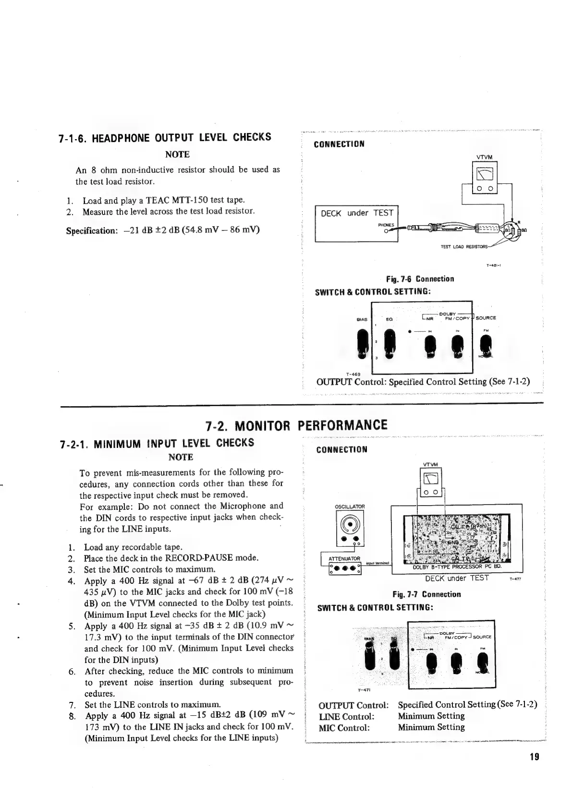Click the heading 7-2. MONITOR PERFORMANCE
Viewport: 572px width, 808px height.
pyautogui.click(x=296, y=425)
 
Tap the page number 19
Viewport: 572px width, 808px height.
pyautogui.click(x=534, y=757)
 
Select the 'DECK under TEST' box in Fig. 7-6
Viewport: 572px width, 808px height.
pyautogui.click(x=356, y=223)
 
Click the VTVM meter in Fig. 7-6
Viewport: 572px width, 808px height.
pyautogui.click(x=485, y=178)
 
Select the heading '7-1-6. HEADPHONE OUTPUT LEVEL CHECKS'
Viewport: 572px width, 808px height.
pyautogui.click(x=165, y=138)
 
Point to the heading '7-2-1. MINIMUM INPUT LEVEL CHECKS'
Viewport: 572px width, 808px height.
pyautogui.click(x=157, y=443)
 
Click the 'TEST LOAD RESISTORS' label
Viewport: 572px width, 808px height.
pyautogui.click(x=463, y=247)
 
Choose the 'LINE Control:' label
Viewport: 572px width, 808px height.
pyautogui.click(x=346, y=716)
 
